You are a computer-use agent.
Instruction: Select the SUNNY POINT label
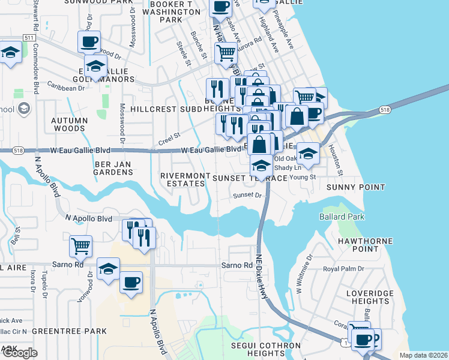(x=355, y=187)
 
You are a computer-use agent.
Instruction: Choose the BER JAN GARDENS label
(x=112, y=167)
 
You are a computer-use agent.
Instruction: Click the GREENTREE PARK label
(x=69, y=331)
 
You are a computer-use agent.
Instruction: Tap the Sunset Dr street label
(x=248, y=195)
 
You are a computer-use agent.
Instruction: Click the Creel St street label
(x=169, y=139)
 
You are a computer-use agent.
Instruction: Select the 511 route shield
(x=28, y=37)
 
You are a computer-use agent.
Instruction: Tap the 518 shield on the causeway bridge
(x=385, y=110)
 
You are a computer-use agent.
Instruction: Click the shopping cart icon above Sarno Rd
(x=80, y=245)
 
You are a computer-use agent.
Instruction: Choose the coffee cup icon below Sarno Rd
(x=131, y=282)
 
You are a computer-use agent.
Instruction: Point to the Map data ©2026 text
(x=424, y=355)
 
